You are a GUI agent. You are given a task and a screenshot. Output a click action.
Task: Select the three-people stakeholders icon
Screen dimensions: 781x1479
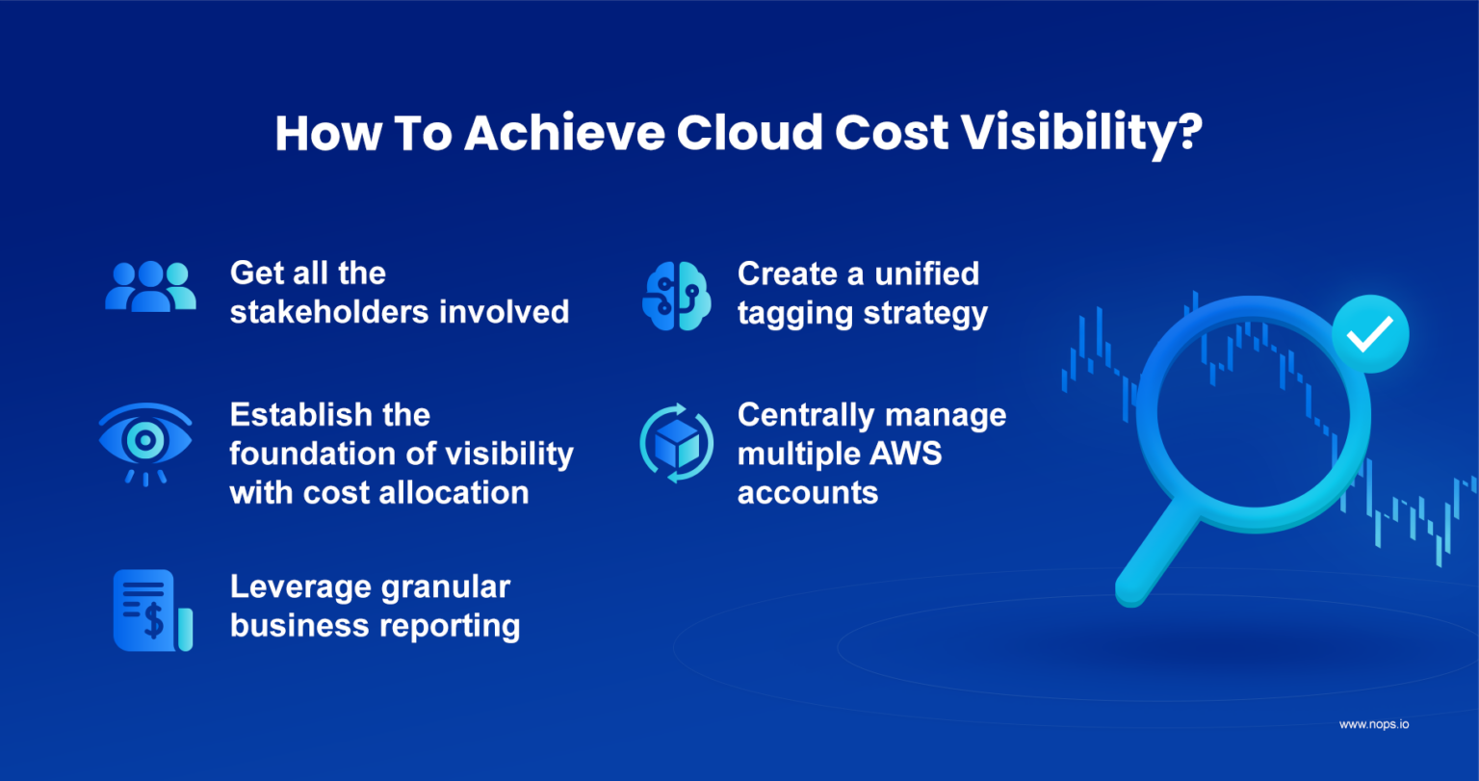click(x=150, y=287)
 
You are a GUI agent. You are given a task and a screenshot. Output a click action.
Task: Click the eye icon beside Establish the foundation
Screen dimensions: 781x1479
click(x=145, y=441)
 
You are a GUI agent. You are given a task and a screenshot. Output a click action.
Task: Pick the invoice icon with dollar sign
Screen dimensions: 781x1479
click(x=152, y=610)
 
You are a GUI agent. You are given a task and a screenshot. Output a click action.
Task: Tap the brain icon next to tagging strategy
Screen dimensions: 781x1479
click(x=676, y=296)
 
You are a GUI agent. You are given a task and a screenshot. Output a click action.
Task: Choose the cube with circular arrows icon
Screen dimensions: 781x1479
click(x=676, y=443)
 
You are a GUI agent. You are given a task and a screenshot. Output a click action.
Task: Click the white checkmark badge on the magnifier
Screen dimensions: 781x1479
click(x=1369, y=334)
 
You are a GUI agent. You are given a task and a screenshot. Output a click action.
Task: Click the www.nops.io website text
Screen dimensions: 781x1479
click(x=1373, y=724)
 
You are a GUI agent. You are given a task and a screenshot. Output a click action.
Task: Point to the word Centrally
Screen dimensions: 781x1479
click(x=802, y=415)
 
